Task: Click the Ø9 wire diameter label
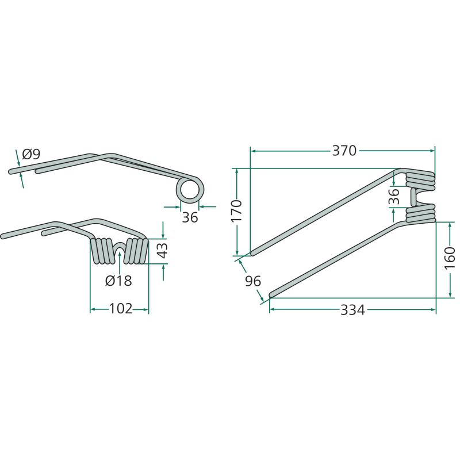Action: pyautogui.click(x=31, y=154)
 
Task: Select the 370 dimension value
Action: pyautogui.click(x=344, y=151)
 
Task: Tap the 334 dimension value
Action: pyautogui.click(x=352, y=310)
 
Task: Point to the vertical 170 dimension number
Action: pyautogui.click(x=236, y=211)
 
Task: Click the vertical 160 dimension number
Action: pyautogui.click(x=450, y=258)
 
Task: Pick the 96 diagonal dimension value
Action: pyautogui.click(x=253, y=281)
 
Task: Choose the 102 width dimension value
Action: pyautogui.click(x=121, y=309)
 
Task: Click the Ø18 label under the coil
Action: pyautogui.click(x=118, y=281)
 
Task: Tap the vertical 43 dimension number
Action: pyautogui.click(x=163, y=250)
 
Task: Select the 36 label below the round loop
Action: pyautogui.click(x=190, y=217)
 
